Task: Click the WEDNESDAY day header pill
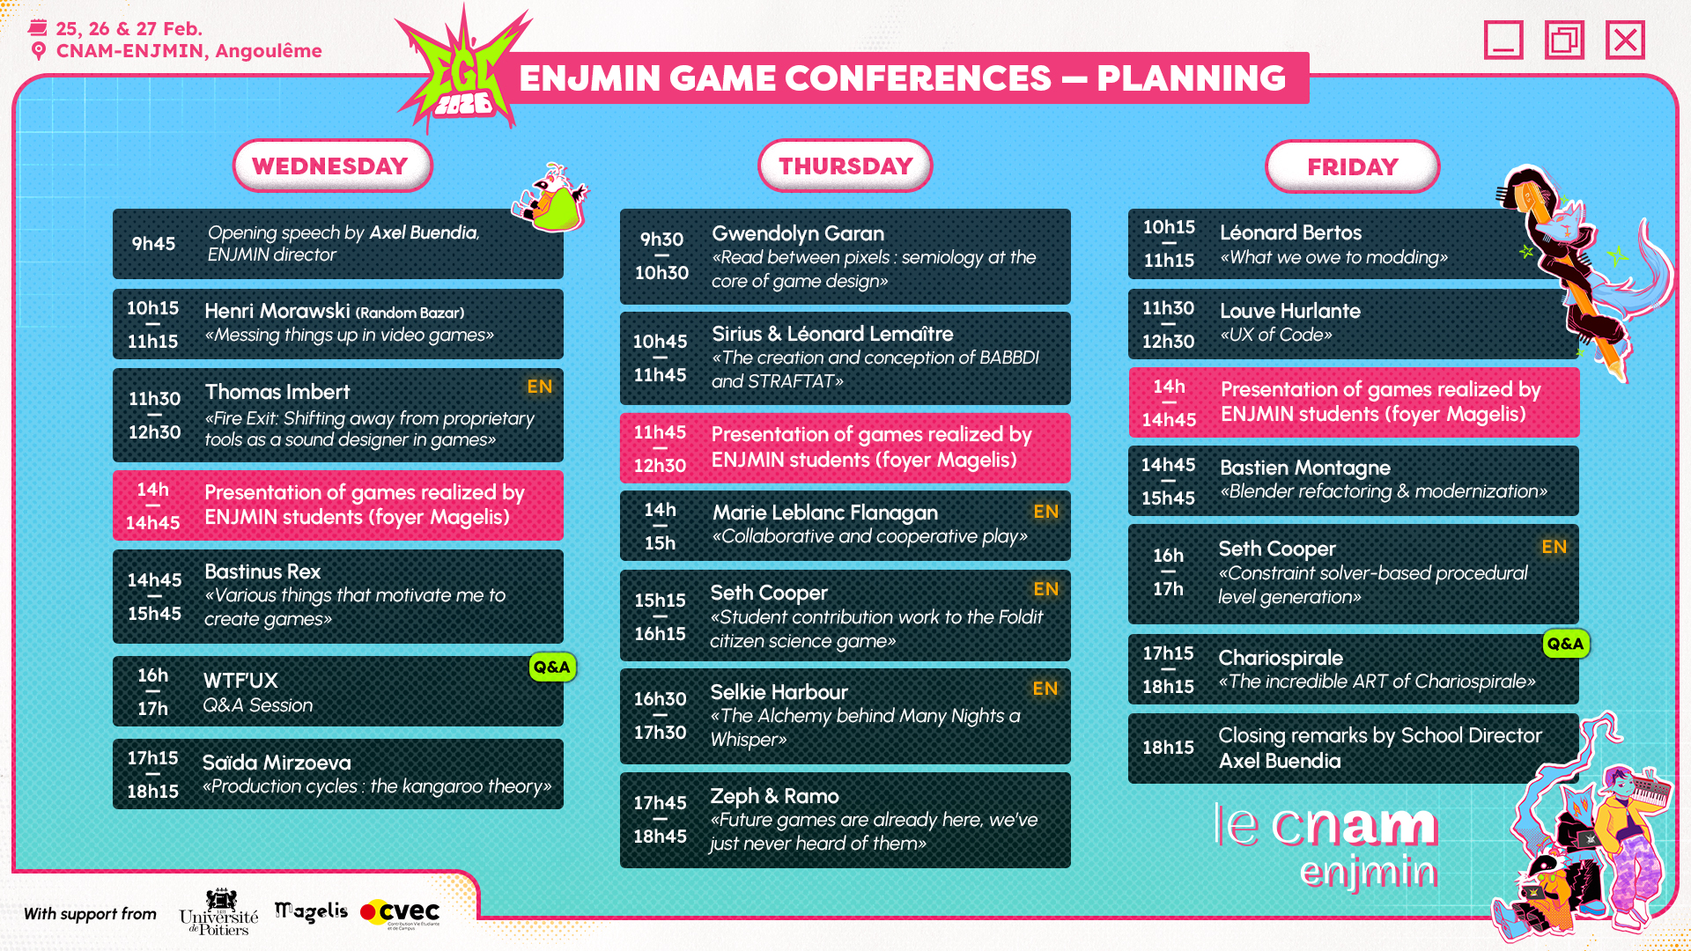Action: (x=332, y=166)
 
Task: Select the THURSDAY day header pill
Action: (x=845, y=166)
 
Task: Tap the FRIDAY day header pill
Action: (x=1352, y=166)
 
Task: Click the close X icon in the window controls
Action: (x=1625, y=40)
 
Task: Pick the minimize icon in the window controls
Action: (x=1503, y=40)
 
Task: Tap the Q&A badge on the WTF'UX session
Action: (x=552, y=667)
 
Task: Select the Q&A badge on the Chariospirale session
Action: (x=1565, y=644)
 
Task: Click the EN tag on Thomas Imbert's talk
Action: (x=539, y=387)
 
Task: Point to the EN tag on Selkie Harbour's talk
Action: (x=1045, y=689)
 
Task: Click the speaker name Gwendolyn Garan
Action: (x=798, y=233)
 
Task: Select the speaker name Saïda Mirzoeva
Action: (x=277, y=763)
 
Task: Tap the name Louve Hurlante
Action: (x=1289, y=311)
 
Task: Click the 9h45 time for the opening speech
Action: (x=153, y=244)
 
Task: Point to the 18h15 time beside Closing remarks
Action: (x=1168, y=748)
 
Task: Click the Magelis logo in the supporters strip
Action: (x=311, y=912)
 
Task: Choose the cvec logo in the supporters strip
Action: (x=400, y=912)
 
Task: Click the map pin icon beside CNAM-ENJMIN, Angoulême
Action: (x=39, y=51)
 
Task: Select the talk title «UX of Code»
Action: (x=1275, y=335)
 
